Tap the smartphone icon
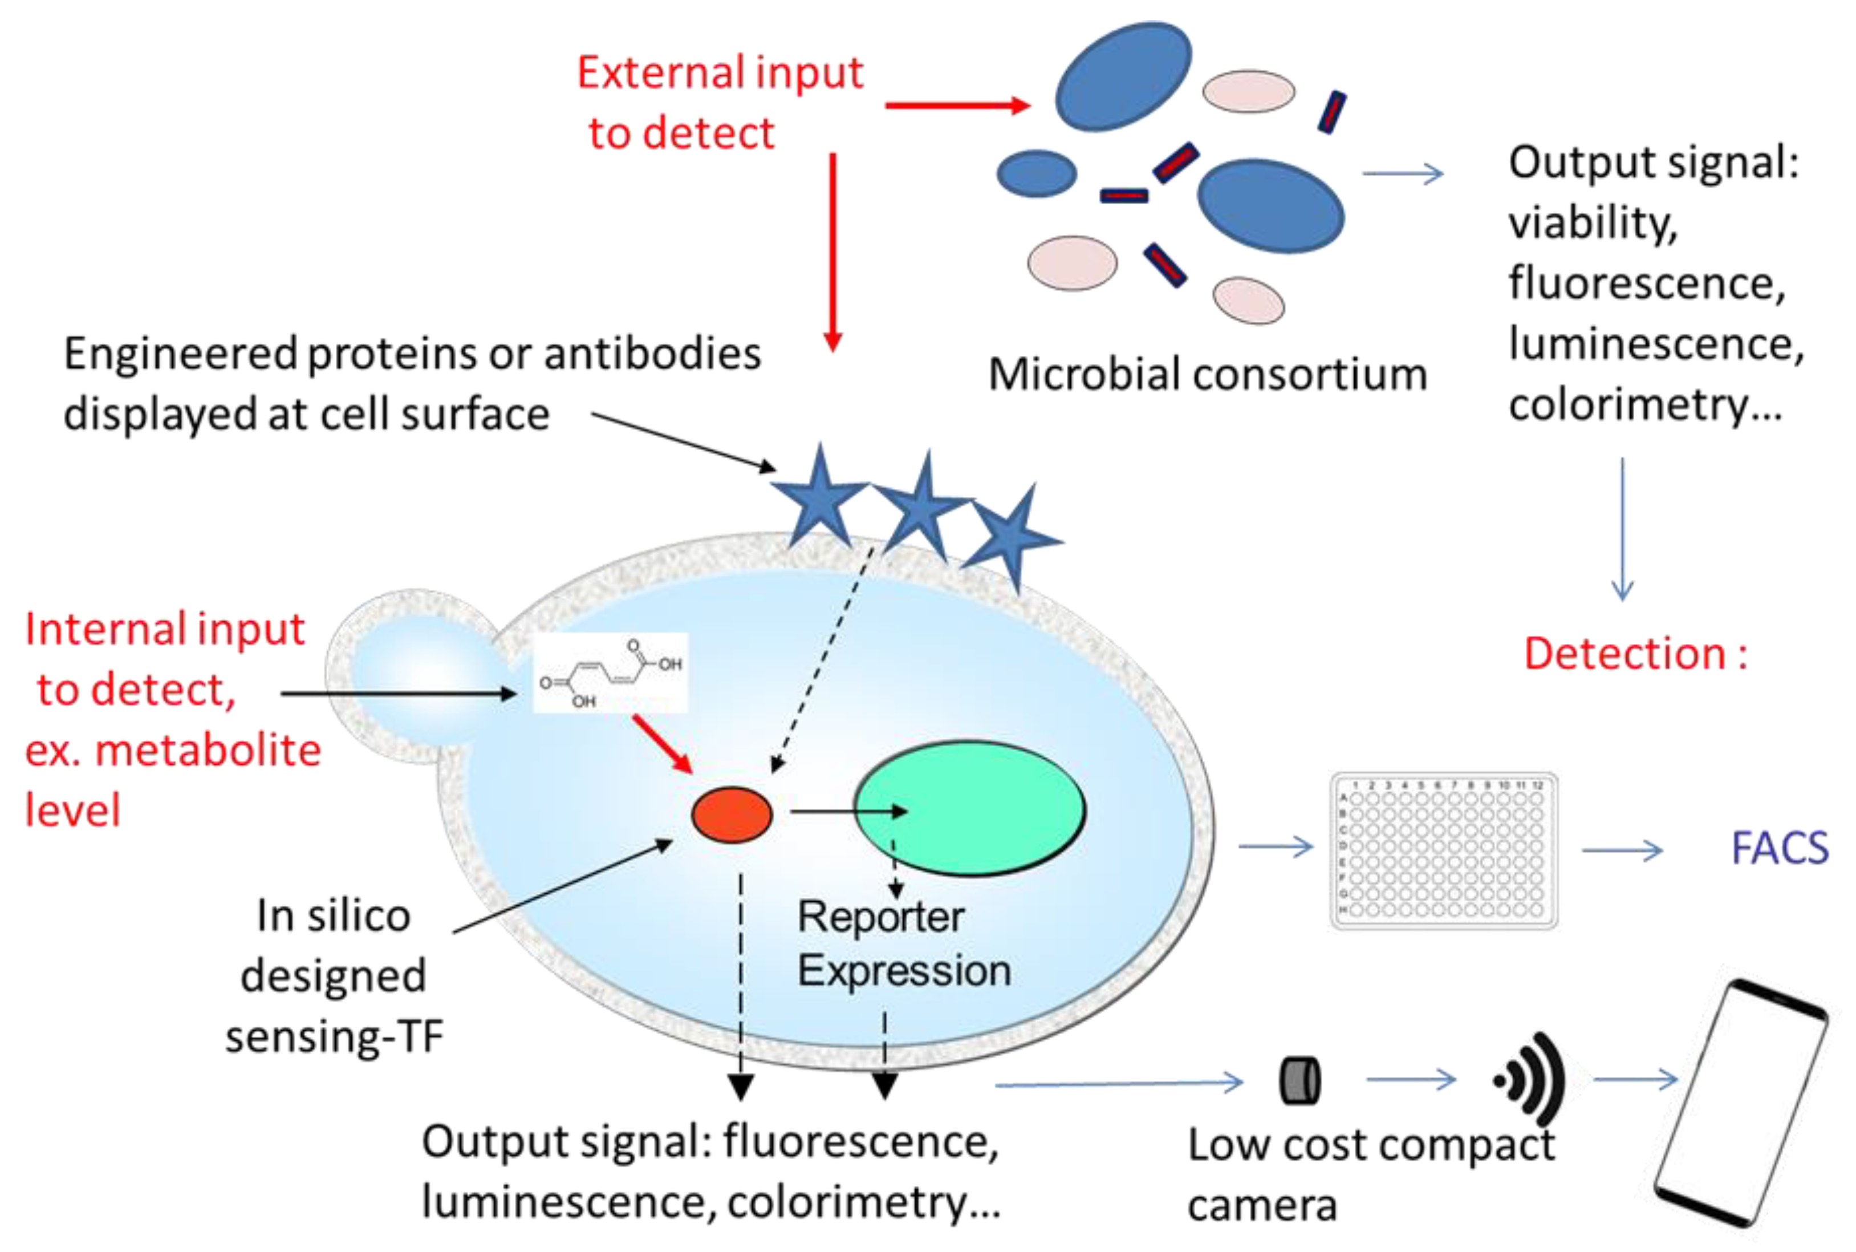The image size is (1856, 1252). (1740, 1102)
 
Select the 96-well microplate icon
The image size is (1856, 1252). (1443, 850)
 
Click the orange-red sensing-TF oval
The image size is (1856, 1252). (731, 815)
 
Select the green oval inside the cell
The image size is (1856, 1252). (970, 808)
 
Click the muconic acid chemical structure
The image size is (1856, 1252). (611, 673)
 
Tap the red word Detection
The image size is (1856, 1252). (1624, 654)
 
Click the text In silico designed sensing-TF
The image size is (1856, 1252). (334, 976)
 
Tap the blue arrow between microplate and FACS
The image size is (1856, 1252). (1622, 850)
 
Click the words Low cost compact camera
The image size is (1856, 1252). (1369, 1174)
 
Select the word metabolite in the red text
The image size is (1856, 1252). (208, 751)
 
